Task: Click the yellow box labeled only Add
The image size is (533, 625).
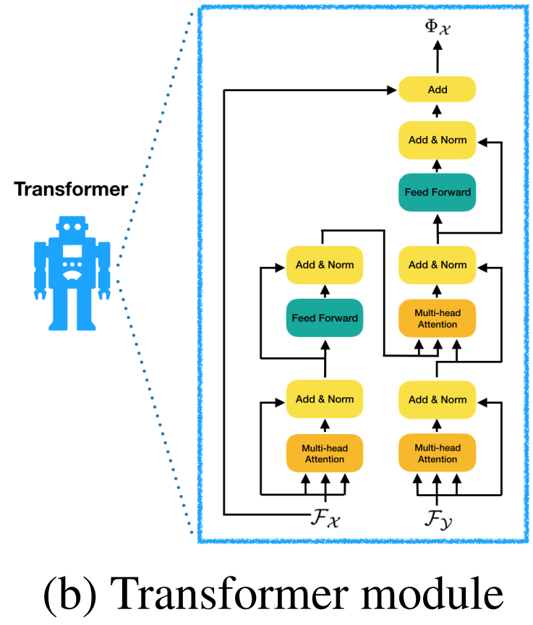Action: tap(437, 90)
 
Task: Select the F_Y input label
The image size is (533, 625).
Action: tap(438, 518)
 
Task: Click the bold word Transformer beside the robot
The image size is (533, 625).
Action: tap(72, 190)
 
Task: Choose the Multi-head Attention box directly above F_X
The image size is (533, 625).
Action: tap(324, 454)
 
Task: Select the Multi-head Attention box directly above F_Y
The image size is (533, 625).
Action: tap(437, 454)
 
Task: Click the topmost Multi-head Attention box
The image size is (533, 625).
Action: tap(437, 318)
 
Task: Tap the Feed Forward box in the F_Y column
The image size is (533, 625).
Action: tap(437, 192)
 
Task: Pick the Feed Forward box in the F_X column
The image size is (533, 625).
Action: tap(324, 318)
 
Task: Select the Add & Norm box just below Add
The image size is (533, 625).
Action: tap(437, 140)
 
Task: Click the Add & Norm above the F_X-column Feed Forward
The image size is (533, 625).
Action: tap(324, 265)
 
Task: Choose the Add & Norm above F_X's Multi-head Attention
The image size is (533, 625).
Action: tap(324, 399)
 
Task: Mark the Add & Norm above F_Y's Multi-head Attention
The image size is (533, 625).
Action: tap(437, 399)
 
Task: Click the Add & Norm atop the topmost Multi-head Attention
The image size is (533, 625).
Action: tap(437, 265)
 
